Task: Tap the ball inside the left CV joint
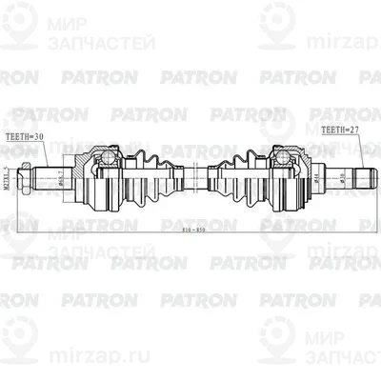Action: pos(108,155)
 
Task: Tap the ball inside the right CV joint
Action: pos(282,153)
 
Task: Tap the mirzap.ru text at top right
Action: pos(329,66)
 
